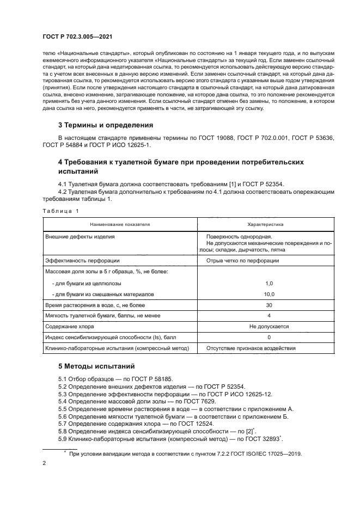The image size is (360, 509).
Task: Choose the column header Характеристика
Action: pyautogui.click(x=269, y=224)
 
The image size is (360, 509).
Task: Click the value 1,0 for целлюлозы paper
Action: pyautogui.click(x=269, y=284)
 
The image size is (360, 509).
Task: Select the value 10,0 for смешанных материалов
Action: pyautogui.click(x=269, y=294)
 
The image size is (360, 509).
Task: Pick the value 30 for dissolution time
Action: pyautogui.click(x=269, y=305)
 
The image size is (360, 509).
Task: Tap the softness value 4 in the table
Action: pyautogui.click(x=269, y=316)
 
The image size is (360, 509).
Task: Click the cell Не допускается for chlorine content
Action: pyautogui.click(x=269, y=327)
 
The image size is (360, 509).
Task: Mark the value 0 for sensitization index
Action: pyautogui.click(x=269, y=338)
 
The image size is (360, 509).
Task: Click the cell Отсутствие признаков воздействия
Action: pyautogui.click(x=251, y=348)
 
